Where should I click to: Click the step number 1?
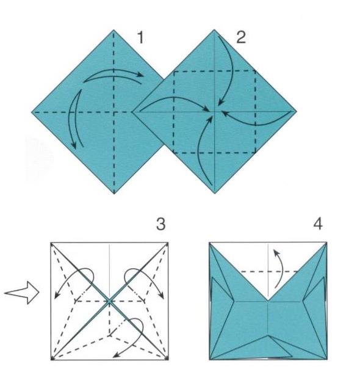pos(140,38)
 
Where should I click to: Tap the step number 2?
pos(241,38)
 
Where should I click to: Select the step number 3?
pos(160,224)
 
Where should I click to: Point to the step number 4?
pos(318,224)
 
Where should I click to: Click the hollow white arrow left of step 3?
pos(22,293)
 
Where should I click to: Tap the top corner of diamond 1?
pos(113,30)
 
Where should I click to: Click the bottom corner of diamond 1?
pos(114,194)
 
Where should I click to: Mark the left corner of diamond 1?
pos(32,112)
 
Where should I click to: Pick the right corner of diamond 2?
pos(297,111)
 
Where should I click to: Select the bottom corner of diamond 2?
pos(215,193)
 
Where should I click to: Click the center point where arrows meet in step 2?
pos(215,111)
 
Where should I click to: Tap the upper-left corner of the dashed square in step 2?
pos(174,71)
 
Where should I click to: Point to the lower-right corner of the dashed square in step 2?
pos(256,153)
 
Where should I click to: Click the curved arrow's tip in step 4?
pos(274,250)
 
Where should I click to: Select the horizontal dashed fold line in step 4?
pos(269,272)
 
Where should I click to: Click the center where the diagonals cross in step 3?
pos(109,301)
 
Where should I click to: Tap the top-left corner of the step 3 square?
pos(51,242)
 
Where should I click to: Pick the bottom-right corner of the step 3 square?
pos(168,360)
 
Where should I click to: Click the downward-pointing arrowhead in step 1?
pos(74,145)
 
